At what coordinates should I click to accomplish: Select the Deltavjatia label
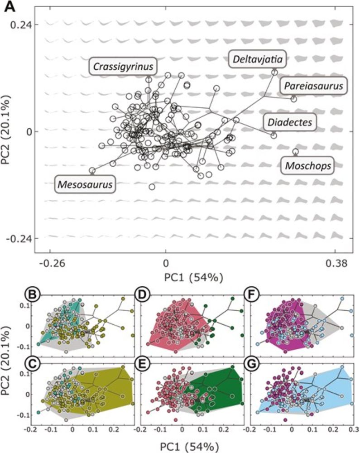point(257,58)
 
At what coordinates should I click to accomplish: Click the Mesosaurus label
point(85,184)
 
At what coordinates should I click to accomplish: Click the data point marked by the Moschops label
point(296,152)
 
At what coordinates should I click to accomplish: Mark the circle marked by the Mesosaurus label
point(92,171)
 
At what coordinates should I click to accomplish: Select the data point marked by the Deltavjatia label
point(274,72)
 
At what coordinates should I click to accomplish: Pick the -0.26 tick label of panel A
point(50,263)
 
